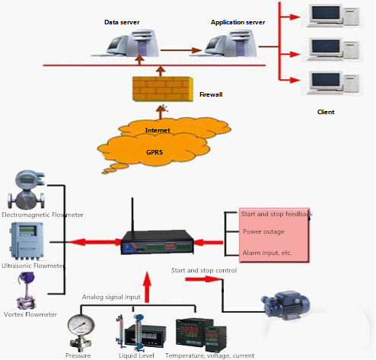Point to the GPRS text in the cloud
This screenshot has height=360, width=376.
(x=155, y=152)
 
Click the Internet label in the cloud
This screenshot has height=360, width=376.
(x=158, y=131)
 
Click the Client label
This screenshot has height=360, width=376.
(x=326, y=112)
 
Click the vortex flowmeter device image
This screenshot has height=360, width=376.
(x=25, y=288)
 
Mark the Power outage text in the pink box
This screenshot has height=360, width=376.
(x=263, y=231)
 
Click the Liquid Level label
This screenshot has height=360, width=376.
(x=138, y=355)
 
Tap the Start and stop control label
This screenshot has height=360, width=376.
(x=203, y=270)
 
